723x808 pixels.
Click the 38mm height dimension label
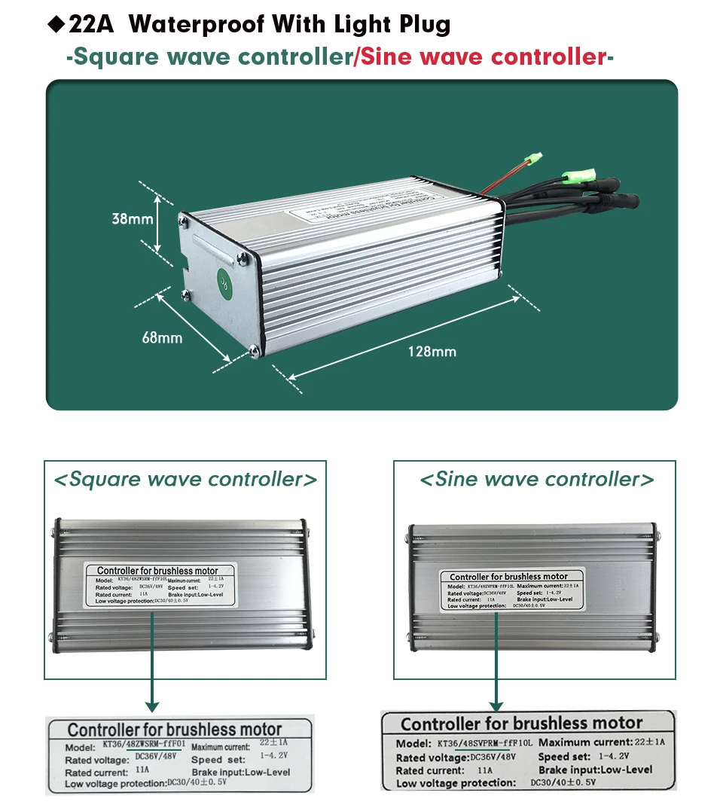[x=133, y=219]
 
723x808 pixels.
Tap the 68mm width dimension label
[x=162, y=338]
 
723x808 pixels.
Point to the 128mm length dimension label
[x=432, y=351]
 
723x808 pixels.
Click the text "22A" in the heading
[x=90, y=24]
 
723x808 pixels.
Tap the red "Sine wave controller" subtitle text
[x=483, y=57]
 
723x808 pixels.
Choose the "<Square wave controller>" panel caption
[x=185, y=480]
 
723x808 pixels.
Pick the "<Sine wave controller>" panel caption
[x=536, y=480]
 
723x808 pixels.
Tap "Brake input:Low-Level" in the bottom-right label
[x=595, y=770]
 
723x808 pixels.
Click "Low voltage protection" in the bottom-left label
[x=115, y=784]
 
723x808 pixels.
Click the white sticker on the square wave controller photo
[x=163, y=584]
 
